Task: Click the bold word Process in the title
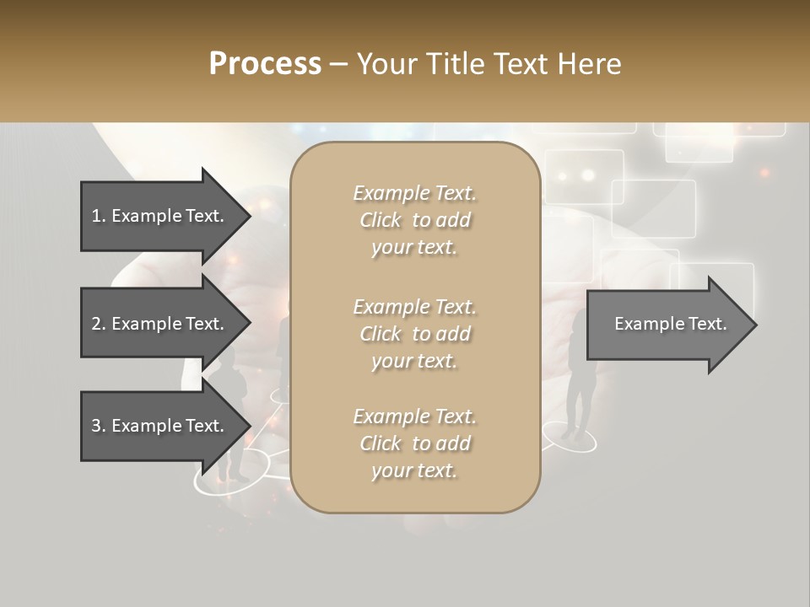(265, 64)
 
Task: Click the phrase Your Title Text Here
(489, 64)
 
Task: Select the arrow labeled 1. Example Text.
(160, 216)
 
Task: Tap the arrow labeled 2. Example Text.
(160, 324)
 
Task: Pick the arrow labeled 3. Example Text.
(160, 426)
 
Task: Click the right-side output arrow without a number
(667, 324)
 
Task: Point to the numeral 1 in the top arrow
(96, 216)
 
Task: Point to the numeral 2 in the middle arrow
(96, 324)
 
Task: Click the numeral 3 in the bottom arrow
(96, 426)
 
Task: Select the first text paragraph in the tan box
(414, 220)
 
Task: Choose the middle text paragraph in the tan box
(414, 333)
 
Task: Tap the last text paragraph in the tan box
(414, 443)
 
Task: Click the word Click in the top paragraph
(381, 220)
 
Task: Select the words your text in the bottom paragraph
(414, 470)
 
